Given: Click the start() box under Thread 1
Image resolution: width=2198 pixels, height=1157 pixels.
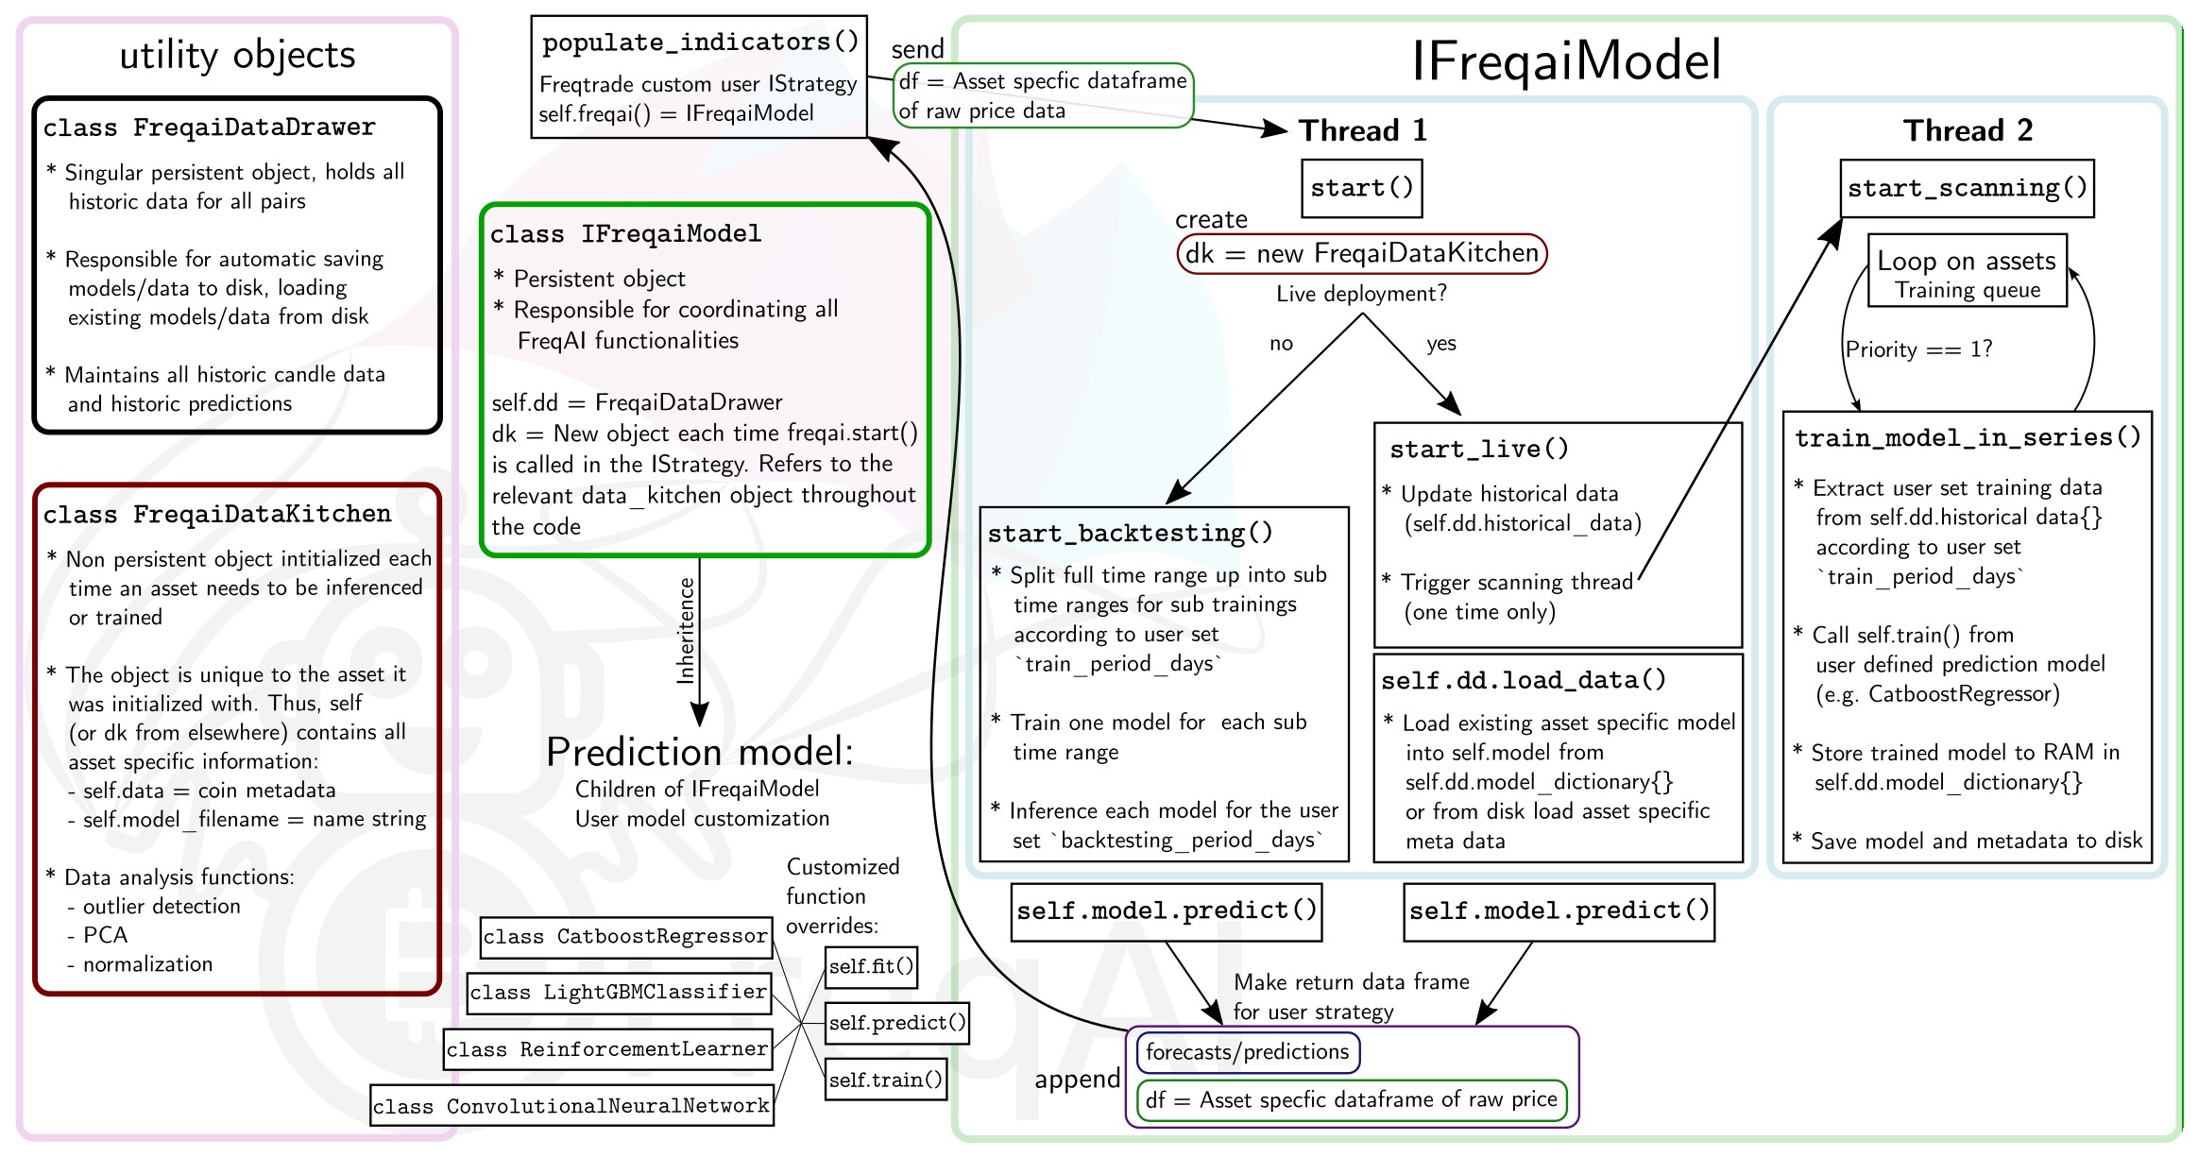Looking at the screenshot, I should pos(1361,188).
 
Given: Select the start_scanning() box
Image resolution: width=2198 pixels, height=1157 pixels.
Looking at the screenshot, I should pos(1967,188).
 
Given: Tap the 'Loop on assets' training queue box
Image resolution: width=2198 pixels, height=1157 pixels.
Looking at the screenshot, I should pos(1967,271).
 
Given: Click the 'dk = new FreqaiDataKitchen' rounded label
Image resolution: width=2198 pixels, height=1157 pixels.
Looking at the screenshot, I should pos(1361,253).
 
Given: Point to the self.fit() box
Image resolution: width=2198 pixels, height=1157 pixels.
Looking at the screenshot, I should pos(871,966).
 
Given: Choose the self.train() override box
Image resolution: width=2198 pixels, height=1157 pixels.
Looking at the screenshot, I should pos(886,1080).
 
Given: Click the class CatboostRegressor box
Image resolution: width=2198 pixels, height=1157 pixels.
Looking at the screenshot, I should pos(625,937).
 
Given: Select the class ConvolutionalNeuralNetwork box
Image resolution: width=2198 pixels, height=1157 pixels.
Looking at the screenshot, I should pos(571,1106).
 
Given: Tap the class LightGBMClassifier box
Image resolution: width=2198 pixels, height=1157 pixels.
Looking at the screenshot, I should pos(619,993).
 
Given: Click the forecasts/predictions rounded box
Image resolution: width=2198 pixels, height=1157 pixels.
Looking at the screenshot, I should pos(1247,1052).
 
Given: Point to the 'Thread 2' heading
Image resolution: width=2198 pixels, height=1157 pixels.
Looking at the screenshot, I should pos(1968,130).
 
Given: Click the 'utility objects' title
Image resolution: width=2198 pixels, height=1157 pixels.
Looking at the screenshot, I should pos(237,55).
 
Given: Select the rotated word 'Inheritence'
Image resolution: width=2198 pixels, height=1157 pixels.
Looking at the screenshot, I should pos(686,630).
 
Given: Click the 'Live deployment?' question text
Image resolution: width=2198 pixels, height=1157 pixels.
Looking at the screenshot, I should pos(1361,294).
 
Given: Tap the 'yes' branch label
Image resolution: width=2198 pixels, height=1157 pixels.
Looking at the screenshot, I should pos(1440,343).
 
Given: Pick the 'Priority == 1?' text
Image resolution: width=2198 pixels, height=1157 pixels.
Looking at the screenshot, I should pos(1918,349).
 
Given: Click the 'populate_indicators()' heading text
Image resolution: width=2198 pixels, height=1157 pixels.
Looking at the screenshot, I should pos(700,43).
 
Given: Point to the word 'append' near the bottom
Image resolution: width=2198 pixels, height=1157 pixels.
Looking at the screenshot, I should pos(1077,1080).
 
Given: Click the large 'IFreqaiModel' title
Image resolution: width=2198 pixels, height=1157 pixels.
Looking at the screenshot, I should pos(1566,60).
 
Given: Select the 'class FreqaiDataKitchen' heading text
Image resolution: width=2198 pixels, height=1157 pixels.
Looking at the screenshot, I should pos(217,515).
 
